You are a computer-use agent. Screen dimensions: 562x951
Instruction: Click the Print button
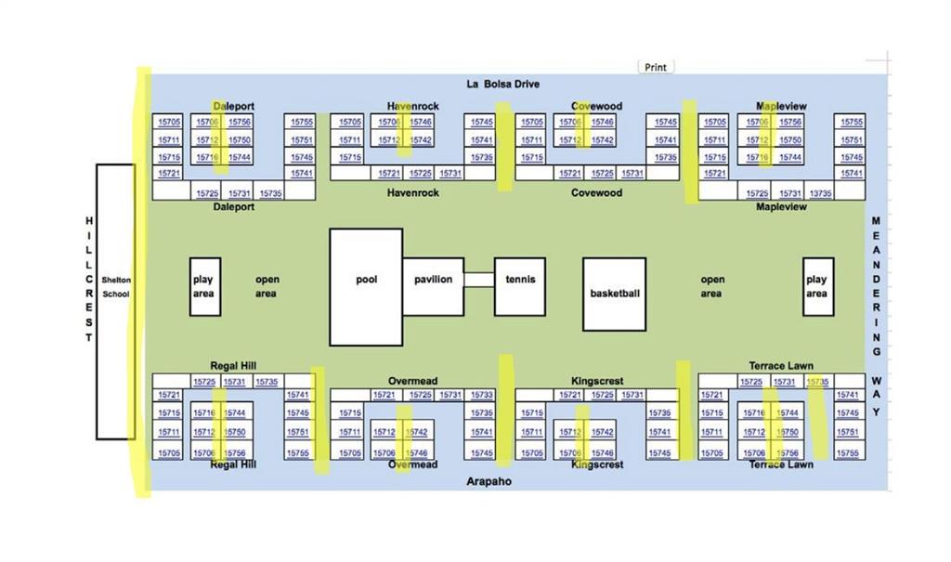(656, 67)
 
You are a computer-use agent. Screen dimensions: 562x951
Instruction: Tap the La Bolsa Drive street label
(502, 85)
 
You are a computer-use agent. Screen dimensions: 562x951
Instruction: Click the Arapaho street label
(489, 481)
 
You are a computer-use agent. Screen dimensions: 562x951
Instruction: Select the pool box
(366, 286)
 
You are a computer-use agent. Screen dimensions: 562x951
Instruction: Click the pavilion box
(433, 280)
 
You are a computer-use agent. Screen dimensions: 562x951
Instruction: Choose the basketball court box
(614, 294)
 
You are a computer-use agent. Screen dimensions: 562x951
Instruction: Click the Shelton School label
(116, 286)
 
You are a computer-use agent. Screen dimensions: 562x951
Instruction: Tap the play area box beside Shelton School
(204, 286)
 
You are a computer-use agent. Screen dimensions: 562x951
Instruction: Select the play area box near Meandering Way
(817, 286)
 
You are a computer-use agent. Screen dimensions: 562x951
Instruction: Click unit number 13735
(820, 193)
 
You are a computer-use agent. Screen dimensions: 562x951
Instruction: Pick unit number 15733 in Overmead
(482, 395)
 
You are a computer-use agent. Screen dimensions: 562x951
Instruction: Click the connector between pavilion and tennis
(479, 280)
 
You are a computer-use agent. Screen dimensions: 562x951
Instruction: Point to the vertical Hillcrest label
(89, 279)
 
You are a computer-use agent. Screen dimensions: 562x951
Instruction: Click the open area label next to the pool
(267, 286)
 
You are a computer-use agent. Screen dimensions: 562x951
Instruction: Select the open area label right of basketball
(712, 286)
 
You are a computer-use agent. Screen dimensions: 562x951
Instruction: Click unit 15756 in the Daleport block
(239, 122)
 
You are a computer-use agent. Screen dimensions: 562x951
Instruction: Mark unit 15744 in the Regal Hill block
(236, 412)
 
